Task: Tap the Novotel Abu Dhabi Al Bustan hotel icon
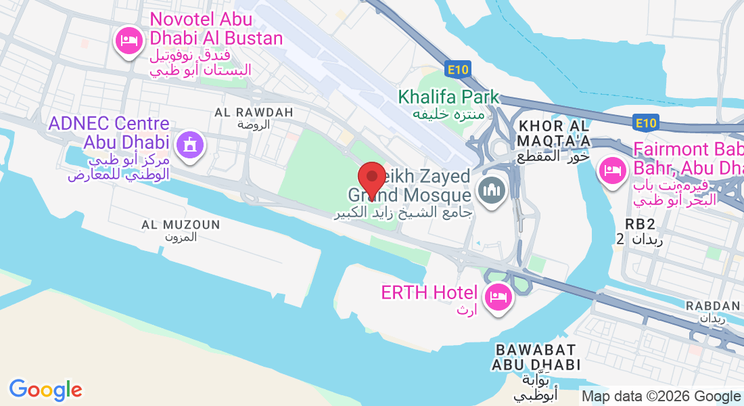(129, 41)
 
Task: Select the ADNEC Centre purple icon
(190, 144)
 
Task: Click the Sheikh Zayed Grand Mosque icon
(490, 190)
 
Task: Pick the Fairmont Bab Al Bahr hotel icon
(612, 168)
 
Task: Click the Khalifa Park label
(449, 97)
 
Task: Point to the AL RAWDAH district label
(254, 112)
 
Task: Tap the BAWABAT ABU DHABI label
(536, 357)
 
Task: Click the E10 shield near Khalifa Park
(458, 69)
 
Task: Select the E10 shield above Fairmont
(646, 122)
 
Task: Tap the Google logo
(45, 389)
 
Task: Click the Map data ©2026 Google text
(661, 397)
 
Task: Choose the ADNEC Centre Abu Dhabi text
(108, 133)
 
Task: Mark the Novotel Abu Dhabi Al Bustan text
(216, 29)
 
